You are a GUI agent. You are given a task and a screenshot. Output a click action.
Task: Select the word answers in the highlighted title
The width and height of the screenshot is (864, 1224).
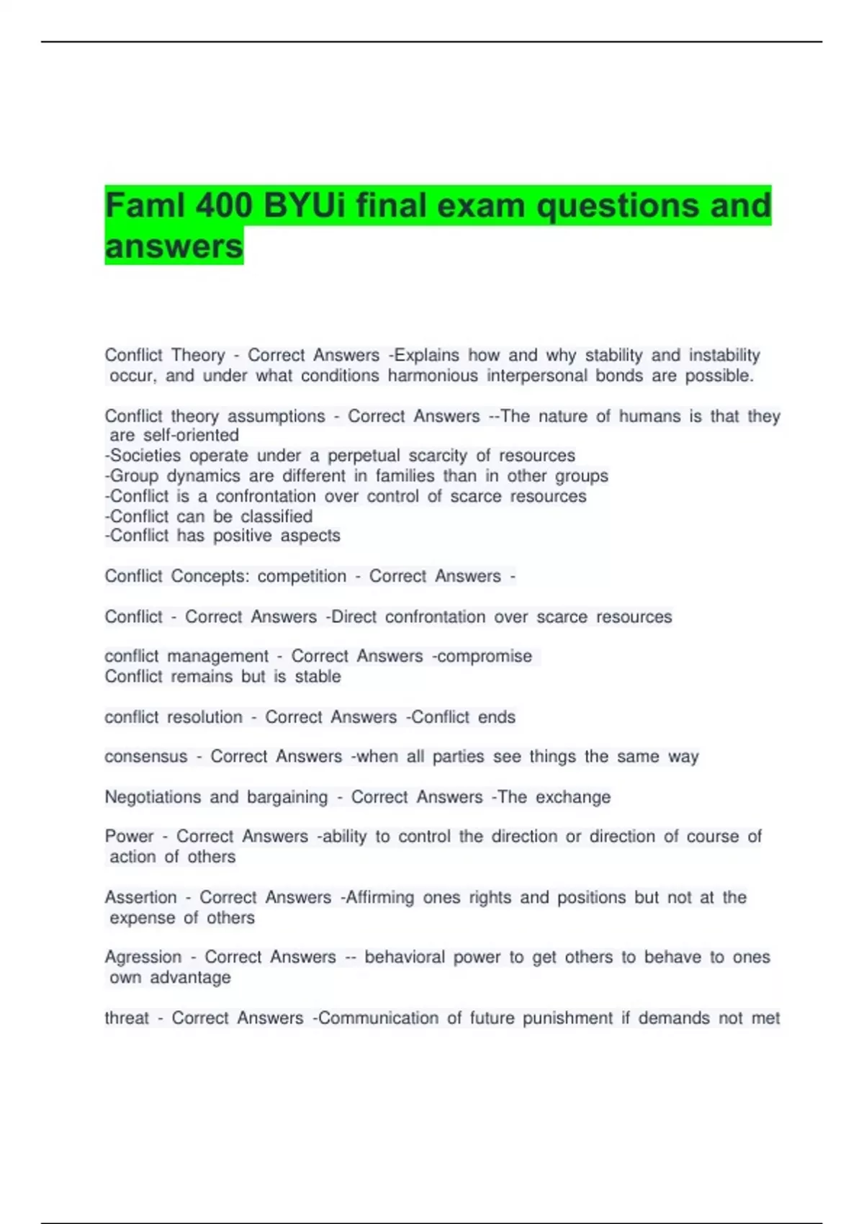coord(174,246)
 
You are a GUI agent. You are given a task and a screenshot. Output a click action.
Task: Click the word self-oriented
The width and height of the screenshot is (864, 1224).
coord(191,435)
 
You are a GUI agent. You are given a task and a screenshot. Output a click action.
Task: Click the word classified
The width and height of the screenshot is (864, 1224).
coord(276,516)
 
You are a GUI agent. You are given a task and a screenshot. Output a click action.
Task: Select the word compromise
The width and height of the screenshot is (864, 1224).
coord(485,657)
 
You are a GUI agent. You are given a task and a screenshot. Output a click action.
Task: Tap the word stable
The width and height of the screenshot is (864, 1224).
coord(318,677)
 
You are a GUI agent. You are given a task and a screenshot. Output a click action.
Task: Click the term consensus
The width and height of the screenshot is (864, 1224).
coord(145,757)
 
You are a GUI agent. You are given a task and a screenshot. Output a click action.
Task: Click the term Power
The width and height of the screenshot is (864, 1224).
coord(129,837)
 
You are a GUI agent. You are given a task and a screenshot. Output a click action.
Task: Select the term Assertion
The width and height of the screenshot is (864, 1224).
coord(140,898)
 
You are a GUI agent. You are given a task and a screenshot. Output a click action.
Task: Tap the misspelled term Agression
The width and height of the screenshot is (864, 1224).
coord(143,958)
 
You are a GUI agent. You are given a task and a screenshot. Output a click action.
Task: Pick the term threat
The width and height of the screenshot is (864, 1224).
coord(127,1018)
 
